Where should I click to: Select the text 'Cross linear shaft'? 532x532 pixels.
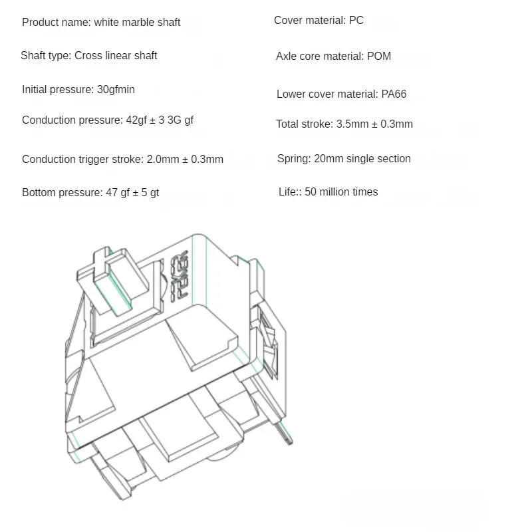(x=116, y=56)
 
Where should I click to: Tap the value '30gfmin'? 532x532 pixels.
(x=116, y=90)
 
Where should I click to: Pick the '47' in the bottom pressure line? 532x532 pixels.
(x=112, y=193)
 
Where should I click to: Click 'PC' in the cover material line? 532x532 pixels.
(x=356, y=21)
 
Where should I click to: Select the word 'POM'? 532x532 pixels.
(x=379, y=57)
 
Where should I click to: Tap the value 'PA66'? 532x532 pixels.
(x=394, y=94)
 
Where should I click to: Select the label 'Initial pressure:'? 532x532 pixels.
(x=58, y=90)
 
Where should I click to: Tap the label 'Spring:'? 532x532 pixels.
(x=294, y=159)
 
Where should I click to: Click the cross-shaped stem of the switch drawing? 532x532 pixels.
(x=112, y=280)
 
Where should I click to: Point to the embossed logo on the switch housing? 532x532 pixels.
(x=179, y=276)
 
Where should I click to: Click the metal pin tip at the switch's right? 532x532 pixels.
(x=289, y=441)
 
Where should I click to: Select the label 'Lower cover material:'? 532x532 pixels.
(x=327, y=94)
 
